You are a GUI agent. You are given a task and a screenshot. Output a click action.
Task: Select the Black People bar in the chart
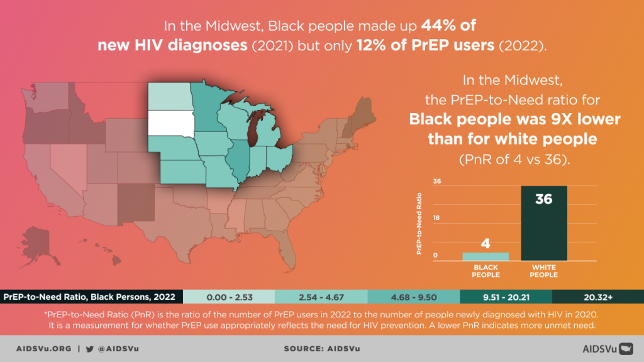click(x=486, y=256)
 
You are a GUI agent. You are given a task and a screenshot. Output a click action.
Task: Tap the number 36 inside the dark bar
click(x=543, y=200)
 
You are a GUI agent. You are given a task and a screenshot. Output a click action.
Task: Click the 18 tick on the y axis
click(x=438, y=219)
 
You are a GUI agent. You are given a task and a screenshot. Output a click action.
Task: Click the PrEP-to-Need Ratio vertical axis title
click(x=419, y=223)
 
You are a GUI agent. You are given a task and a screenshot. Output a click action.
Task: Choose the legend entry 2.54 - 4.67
click(x=321, y=296)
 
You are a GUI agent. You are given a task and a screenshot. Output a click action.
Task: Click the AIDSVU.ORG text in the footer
click(x=43, y=348)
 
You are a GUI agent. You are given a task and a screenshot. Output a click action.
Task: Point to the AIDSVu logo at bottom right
click(x=606, y=348)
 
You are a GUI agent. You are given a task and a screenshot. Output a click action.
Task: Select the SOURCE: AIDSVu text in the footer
click(x=321, y=348)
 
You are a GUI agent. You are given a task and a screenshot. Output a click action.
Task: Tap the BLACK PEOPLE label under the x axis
click(x=486, y=271)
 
